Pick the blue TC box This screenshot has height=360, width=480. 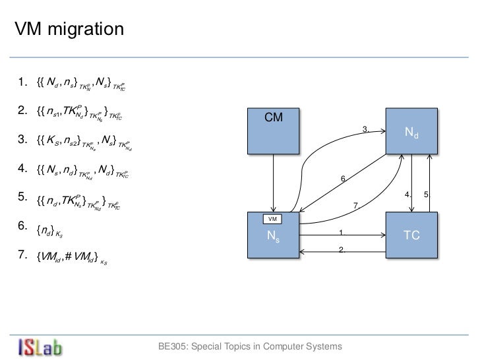click(411, 235)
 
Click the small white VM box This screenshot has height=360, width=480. click(272, 218)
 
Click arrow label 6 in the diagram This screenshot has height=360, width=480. click(343, 179)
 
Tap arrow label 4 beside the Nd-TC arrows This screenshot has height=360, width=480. click(408, 195)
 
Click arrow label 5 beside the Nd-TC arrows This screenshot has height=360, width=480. click(427, 195)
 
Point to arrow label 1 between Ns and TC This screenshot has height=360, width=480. click(342, 232)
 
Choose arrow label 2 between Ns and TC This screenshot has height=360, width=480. click(342, 249)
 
